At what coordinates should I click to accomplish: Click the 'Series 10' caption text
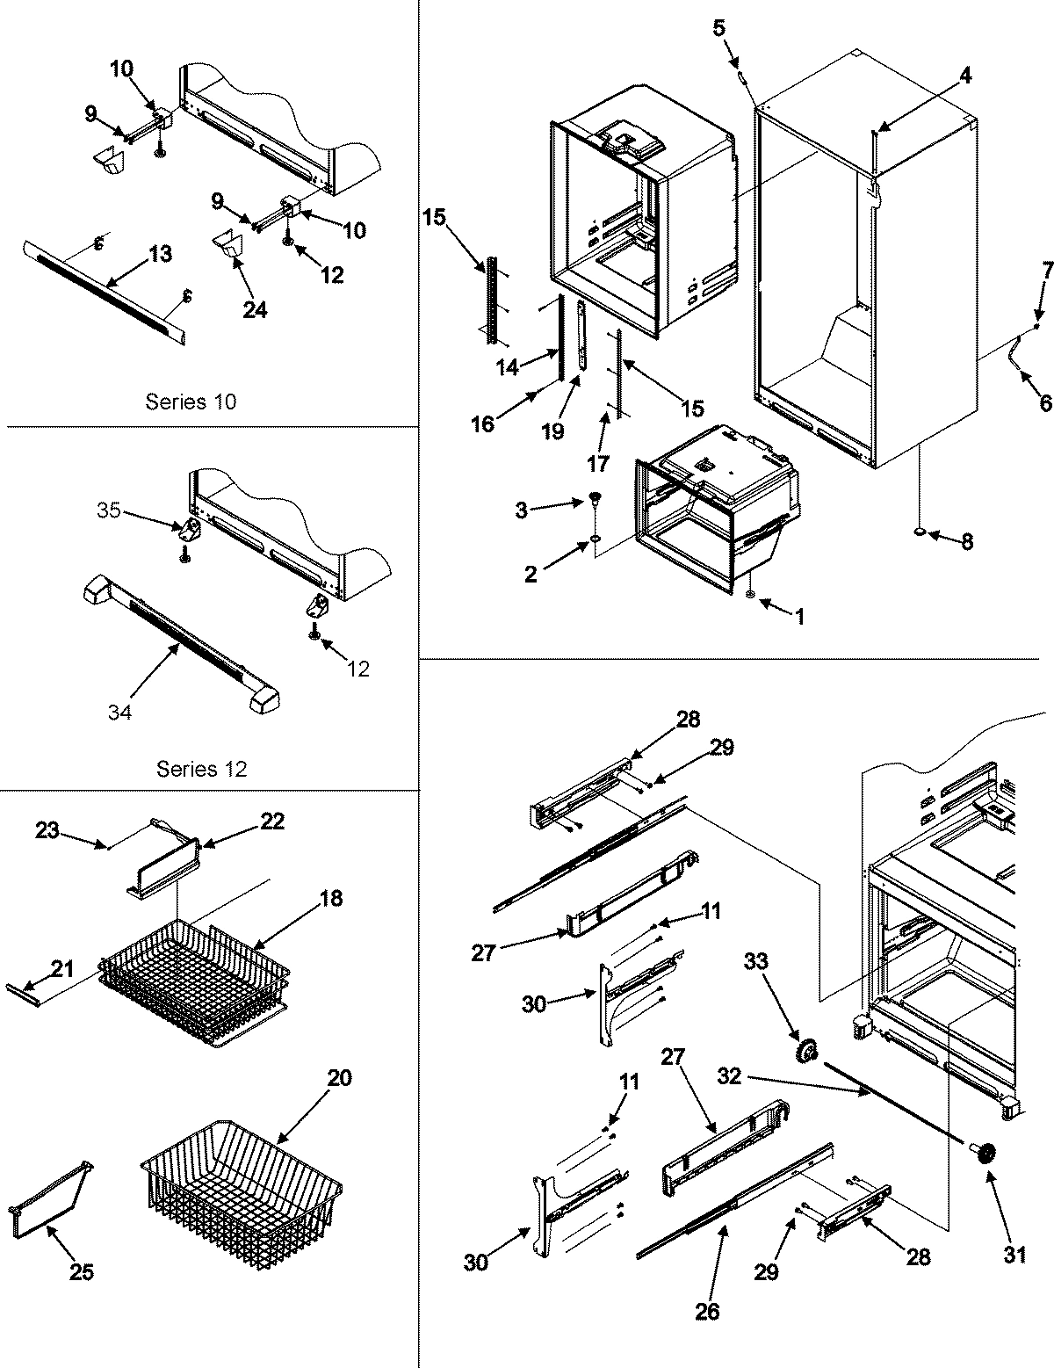click(191, 402)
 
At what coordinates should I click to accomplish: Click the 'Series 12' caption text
click(201, 769)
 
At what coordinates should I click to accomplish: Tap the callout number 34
click(119, 713)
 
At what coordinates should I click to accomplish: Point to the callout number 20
click(339, 1077)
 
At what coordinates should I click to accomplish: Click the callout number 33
click(754, 961)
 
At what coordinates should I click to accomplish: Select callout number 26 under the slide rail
click(707, 1311)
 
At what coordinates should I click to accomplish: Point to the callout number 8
click(966, 542)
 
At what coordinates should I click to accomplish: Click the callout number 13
click(161, 254)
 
